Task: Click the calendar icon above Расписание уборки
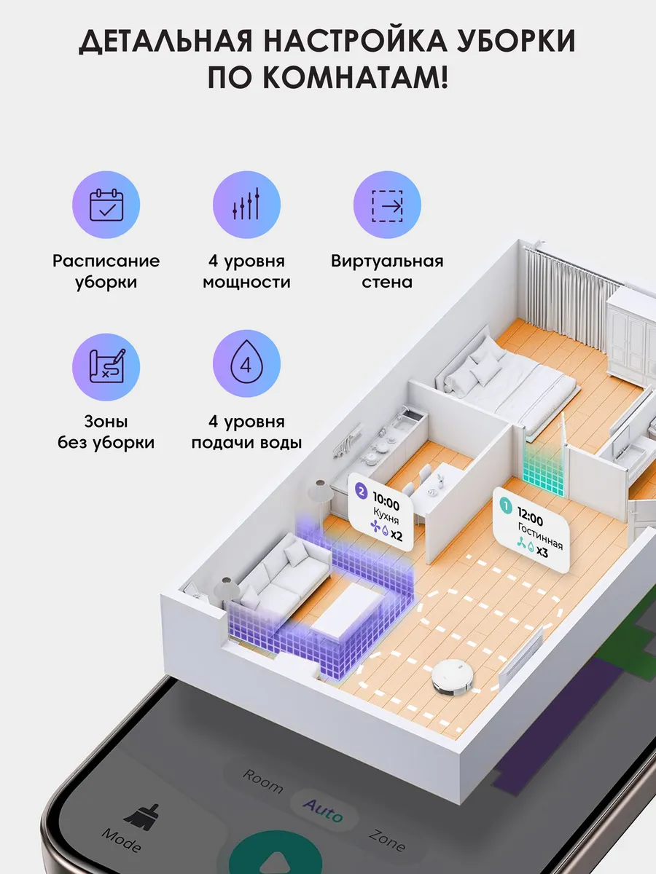(x=106, y=205)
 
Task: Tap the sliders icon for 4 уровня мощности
(x=246, y=205)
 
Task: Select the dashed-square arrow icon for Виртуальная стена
(x=387, y=205)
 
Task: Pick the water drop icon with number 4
(x=246, y=366)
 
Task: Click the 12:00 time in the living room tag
(x=531, y=520)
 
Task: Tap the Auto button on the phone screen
(x=323, y=808)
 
